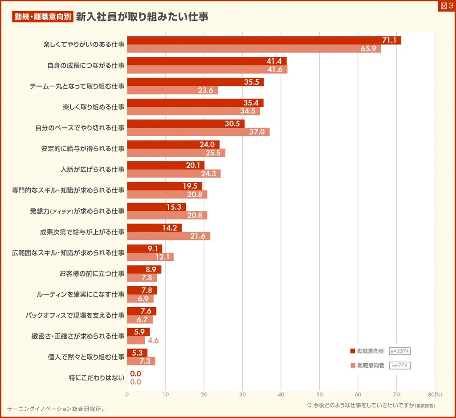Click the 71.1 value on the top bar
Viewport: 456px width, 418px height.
coord(389,41)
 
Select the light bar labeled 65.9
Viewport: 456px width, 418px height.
coord(254,49)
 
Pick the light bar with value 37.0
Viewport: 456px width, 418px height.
coord(198,132)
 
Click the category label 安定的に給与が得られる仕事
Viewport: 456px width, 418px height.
coord(83,149)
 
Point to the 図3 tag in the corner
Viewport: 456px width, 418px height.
coord(446,6)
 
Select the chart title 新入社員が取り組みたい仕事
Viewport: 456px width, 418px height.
coord(142,17)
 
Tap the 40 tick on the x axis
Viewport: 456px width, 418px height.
coord(281,394)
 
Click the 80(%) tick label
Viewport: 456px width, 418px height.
coord(434,394)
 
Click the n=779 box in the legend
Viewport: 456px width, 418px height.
coord(399,365)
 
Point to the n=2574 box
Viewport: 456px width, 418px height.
coord(399,351)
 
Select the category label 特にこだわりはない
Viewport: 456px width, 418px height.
coord(97,377)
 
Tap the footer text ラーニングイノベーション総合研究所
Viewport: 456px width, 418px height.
coord(56,409)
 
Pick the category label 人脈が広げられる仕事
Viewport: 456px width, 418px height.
coord(93,170)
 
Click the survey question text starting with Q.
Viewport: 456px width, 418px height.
coord(371,406)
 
